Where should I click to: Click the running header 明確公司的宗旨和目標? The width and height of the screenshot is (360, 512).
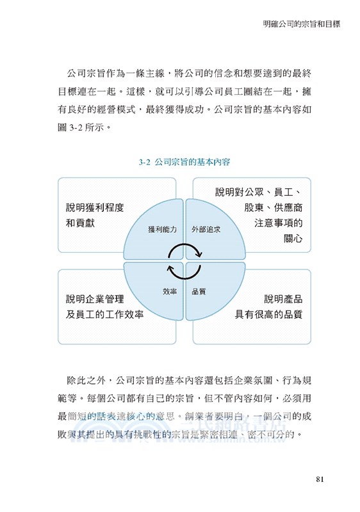point(301,24)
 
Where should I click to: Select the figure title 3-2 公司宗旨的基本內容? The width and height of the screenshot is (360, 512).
point(184,163)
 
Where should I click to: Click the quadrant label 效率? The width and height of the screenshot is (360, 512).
point(170,291)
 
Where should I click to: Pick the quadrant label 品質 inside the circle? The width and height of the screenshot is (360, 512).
point(199,291)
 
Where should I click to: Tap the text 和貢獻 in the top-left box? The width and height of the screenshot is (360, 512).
point(80,223)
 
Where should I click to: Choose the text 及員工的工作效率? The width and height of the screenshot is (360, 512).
point(104,314)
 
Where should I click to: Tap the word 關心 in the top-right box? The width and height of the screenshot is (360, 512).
point(292,239)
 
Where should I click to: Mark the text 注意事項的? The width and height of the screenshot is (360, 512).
point(278,223)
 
